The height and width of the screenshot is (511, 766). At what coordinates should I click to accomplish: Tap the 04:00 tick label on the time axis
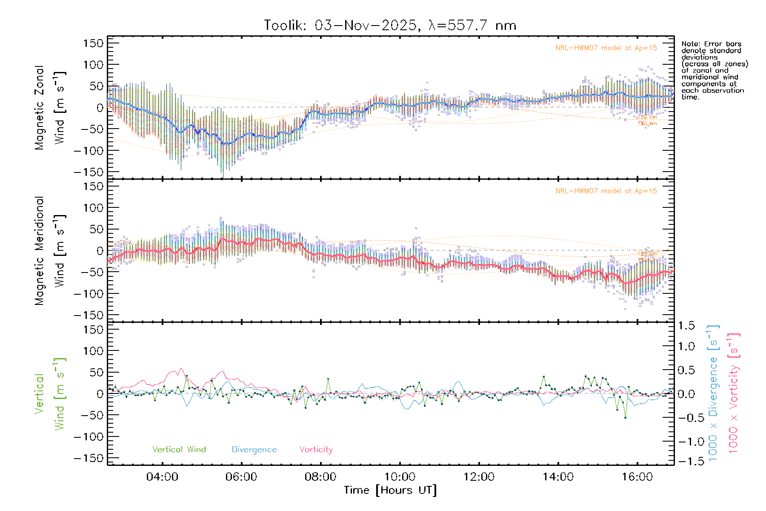click(162, 477)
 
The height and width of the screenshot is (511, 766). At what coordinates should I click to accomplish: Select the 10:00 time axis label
click(400, 477)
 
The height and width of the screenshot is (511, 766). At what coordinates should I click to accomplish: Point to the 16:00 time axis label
click(637, 477)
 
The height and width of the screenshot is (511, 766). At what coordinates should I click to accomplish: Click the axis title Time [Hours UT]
click(390, 490)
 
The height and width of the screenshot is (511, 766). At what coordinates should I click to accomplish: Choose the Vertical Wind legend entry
click(179, 450)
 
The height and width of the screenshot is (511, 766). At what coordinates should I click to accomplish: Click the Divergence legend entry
click(254, 450)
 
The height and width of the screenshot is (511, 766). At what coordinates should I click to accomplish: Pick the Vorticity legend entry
click(316, 450)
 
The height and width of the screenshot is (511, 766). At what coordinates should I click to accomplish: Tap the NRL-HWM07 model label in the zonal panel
click(606, 48)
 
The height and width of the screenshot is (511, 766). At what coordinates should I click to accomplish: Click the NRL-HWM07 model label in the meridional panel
click(606, 191)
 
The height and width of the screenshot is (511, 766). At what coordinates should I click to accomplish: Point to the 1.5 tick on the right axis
click(686, 326)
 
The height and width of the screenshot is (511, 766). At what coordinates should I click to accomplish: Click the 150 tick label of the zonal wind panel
click(94, 43)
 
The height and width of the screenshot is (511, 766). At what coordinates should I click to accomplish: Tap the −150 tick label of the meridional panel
click(89, 315)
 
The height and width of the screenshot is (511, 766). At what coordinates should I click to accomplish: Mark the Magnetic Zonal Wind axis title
click(50, 108)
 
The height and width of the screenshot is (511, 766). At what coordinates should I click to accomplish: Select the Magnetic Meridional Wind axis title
click(50, 251)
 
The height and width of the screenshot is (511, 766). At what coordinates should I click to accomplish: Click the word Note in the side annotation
click(690, 44)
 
